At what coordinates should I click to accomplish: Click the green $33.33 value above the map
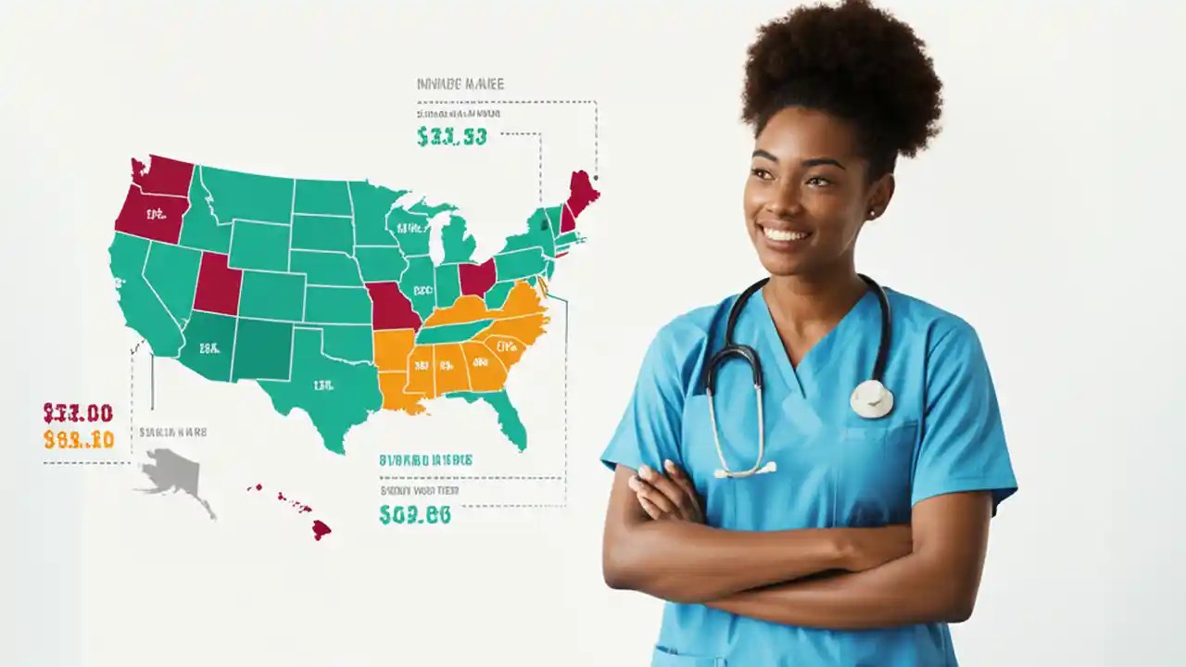click(x=451, y=137)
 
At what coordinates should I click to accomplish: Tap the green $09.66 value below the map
click(x=414, y=515)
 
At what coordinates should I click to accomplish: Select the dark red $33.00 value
click(x=78, y=413)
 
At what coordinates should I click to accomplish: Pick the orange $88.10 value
click(x=78, y=440)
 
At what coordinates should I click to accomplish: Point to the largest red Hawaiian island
click(x=321, y=529)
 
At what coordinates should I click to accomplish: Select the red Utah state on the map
click(x=218, y=283)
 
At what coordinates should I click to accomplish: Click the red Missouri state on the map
click(x=393, y=306)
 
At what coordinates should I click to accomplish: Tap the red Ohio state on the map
click(x=476, y=277)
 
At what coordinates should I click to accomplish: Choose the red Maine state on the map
click(x=583, y=191)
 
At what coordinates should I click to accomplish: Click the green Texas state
click(x=324, y=384)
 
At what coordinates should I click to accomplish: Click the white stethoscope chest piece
click(x=872, y=399)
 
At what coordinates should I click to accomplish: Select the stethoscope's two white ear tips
click(x=745, y=470)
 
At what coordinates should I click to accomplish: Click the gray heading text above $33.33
click(x=461, y=84)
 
